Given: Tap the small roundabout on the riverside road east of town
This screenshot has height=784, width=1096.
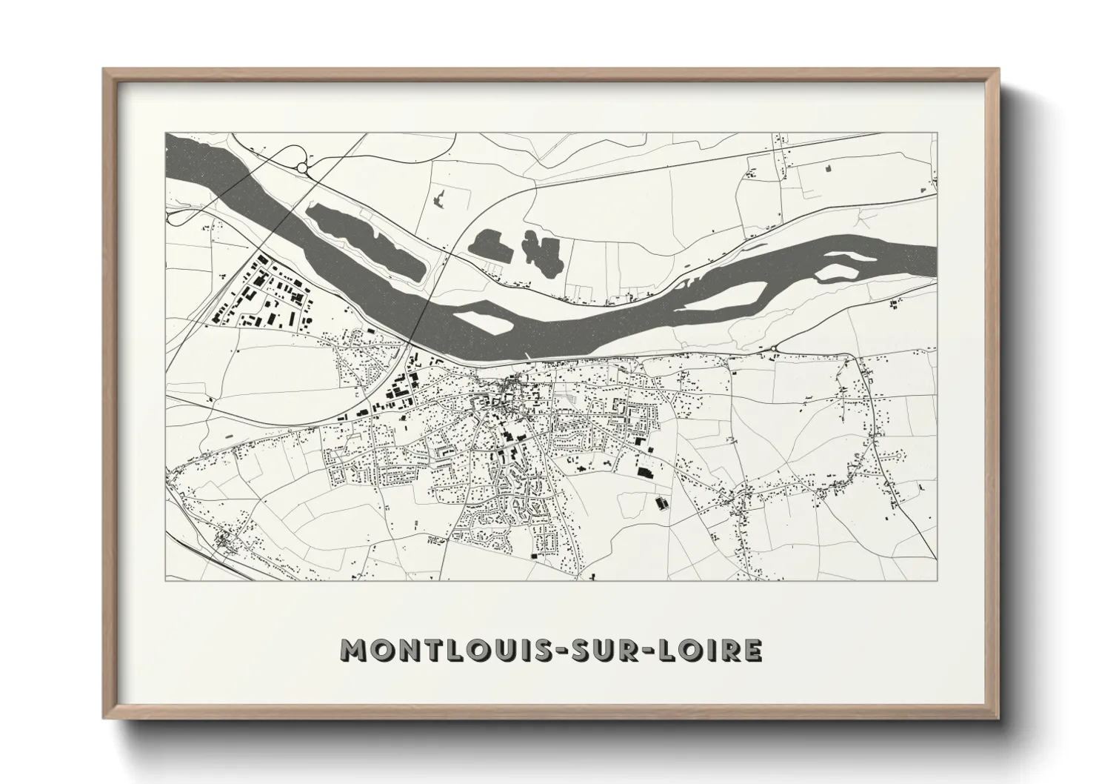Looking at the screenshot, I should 773,348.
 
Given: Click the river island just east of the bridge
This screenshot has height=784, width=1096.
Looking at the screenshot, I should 481,322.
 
